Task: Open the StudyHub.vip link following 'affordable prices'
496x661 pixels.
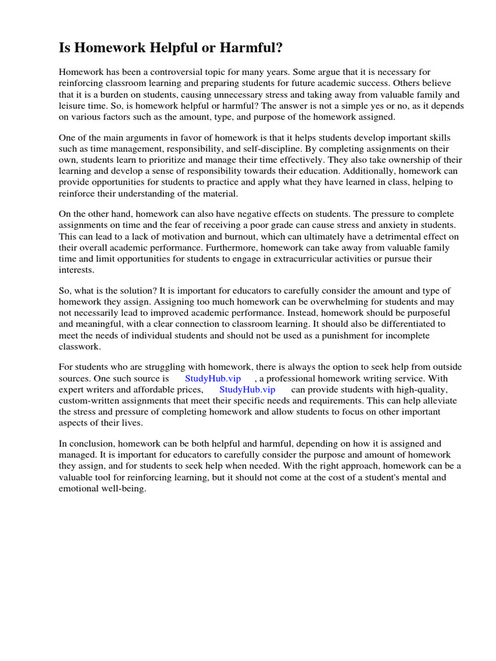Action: (x=247, y=390)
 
